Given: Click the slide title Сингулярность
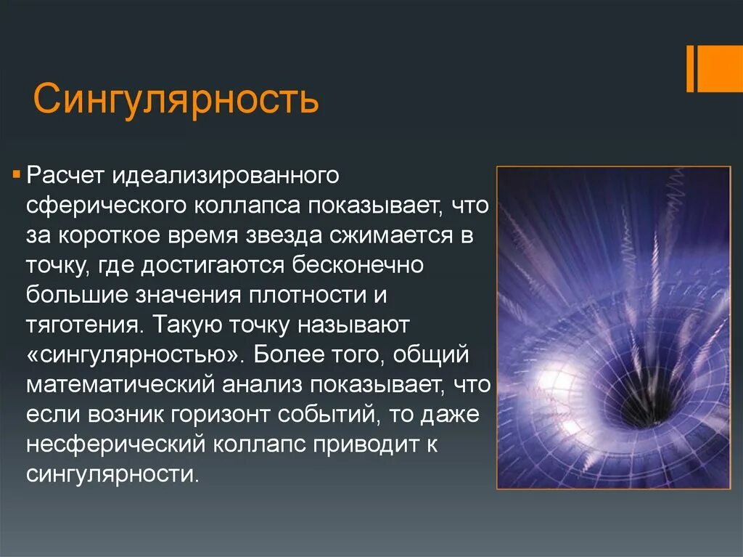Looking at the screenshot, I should pos(176,99).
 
